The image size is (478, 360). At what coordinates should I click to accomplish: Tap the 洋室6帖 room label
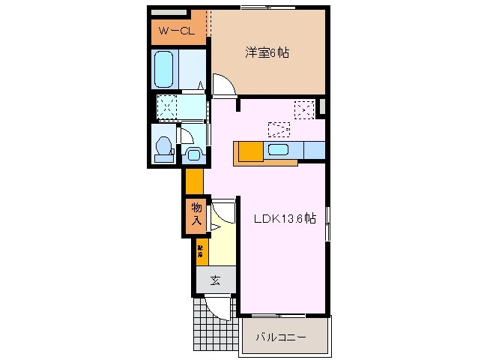[267, 52]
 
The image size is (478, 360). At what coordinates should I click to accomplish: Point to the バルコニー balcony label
[282, 338]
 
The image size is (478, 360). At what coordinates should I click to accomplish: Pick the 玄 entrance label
[215, 280]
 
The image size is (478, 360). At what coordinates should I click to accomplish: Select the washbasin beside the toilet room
[193, 155]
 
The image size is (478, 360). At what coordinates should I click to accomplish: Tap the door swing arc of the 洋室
[224, 85]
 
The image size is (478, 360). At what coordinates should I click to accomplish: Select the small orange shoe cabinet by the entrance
[202, 252]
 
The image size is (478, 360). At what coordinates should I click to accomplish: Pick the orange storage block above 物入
[194, 181]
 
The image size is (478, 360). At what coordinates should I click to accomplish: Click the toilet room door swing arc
[185, 136]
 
